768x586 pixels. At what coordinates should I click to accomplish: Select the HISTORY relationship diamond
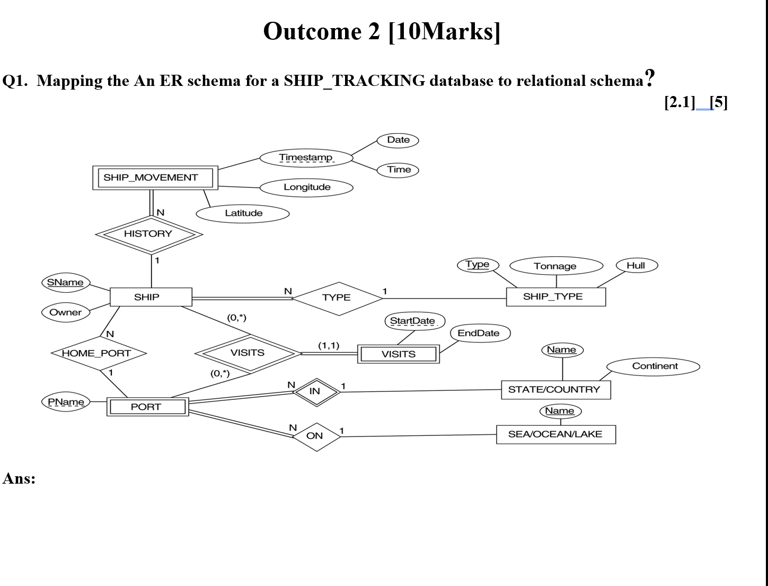point(148,234)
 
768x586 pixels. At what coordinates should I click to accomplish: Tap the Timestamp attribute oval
point(306,158)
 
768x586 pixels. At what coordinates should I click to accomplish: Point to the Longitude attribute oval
point(306,187)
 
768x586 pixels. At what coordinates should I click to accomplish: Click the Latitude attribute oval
point(243,213)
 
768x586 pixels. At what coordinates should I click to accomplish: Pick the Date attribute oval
point(398,140)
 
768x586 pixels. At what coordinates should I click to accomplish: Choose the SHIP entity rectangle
point(151,297)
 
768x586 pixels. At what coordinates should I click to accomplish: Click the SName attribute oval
point(65,283)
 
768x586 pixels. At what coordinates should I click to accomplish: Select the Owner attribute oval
point(66,312)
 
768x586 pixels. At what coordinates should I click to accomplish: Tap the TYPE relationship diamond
point(337,298)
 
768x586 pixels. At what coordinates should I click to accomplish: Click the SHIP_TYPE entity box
point(555,297)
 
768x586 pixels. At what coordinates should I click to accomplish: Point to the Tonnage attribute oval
point(555,266)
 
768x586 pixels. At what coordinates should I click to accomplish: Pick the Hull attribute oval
point(636,266)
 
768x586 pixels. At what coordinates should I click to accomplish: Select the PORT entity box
point(147,407)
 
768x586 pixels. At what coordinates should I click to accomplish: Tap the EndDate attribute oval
point(480,334)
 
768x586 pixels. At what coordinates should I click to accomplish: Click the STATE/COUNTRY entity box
point(555,390)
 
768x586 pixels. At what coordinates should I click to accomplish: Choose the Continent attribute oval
point(654,366)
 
